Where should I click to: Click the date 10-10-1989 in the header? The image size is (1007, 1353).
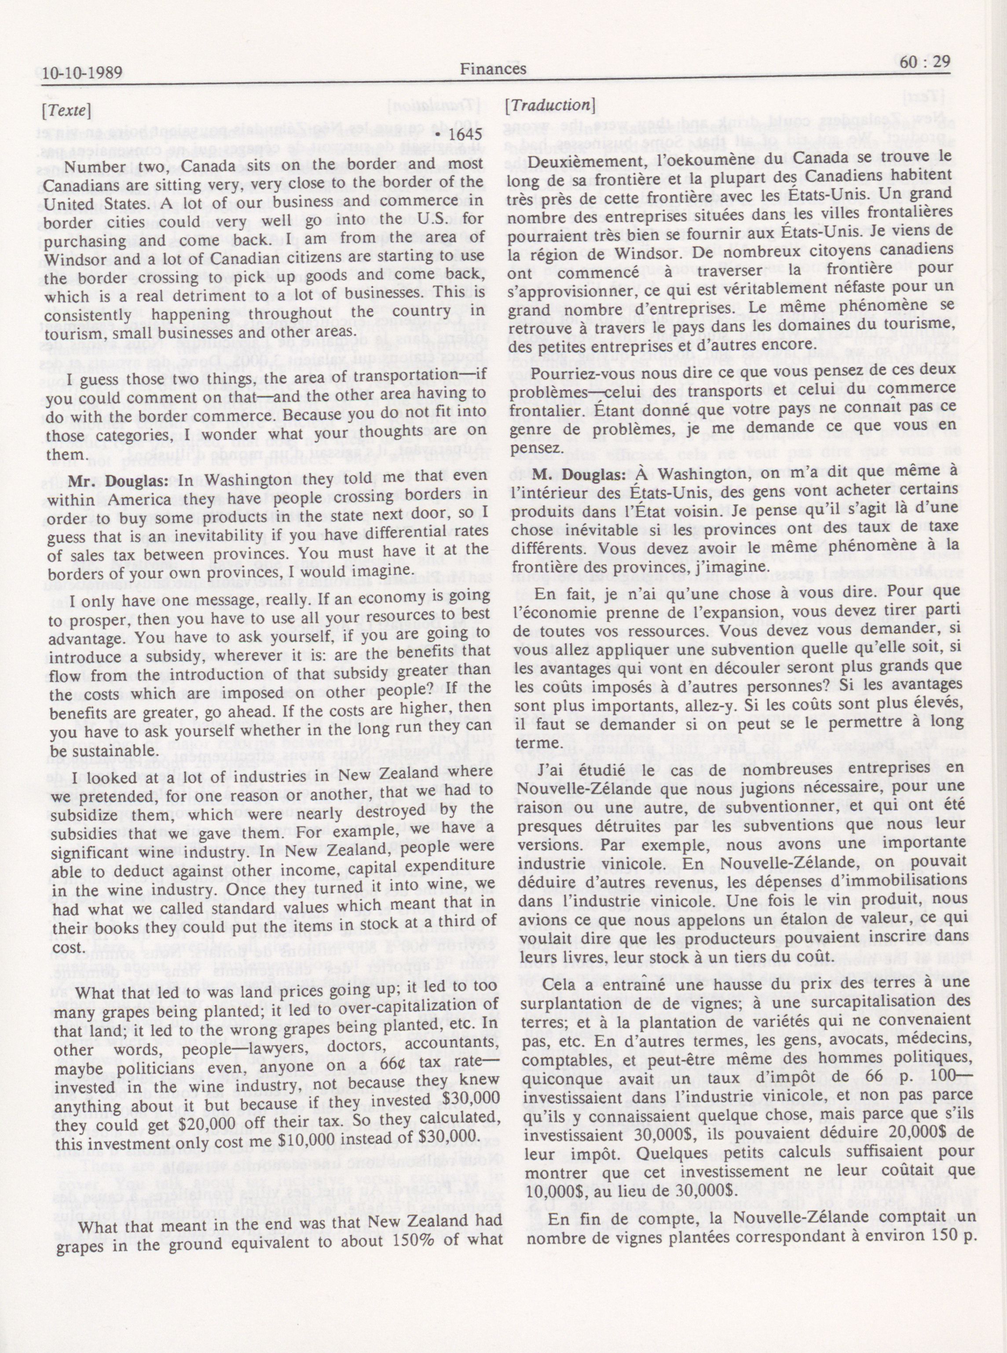click(79, 75)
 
